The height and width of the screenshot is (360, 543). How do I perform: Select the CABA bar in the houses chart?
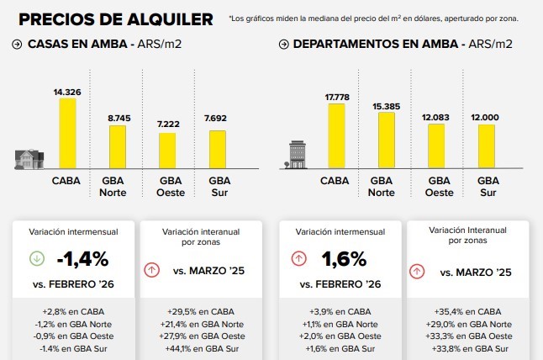pos(66,134)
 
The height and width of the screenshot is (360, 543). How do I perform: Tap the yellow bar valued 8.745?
pos(118,146)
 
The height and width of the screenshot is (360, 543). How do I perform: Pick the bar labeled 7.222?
pos(168,150)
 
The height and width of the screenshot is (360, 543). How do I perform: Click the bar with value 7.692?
pos(218,149)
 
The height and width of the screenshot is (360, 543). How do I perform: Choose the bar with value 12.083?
pos(435,146)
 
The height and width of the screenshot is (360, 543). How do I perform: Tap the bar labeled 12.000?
pos(485,147)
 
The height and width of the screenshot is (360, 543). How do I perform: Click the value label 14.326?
pos(66,92)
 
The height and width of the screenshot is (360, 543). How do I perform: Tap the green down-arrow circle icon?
pos(37,258)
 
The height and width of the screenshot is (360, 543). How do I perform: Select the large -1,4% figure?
pos(83,258)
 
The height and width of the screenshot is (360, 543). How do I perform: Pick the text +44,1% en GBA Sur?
pos(199,348)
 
